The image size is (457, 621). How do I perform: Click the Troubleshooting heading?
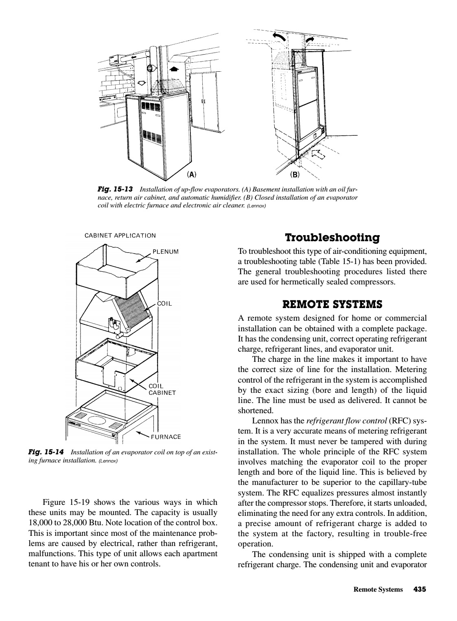332,238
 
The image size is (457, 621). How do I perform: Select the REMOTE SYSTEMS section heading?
332,304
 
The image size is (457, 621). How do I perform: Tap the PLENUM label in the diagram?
166,251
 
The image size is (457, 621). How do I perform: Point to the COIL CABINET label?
162,390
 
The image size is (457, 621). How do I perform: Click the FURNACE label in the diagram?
166,437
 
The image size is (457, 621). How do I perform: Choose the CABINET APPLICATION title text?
120,236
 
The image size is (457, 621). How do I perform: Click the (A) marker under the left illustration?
191,175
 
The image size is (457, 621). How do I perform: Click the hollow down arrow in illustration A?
142,83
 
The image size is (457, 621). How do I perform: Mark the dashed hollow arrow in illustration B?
319,154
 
